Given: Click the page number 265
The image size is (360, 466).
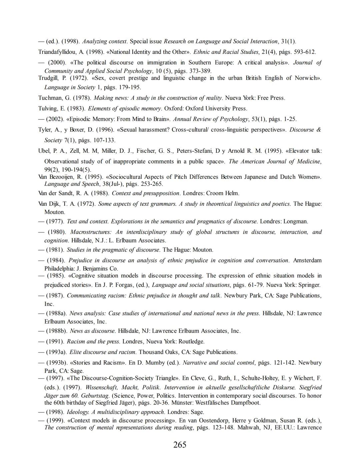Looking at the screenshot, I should pyautogui.click(x=180, y=445).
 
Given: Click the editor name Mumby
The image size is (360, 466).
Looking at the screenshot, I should pyautogui.click(x=156, y=363).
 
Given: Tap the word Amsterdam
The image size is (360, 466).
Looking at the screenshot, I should pyautogui.click(x=307, y=260).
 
